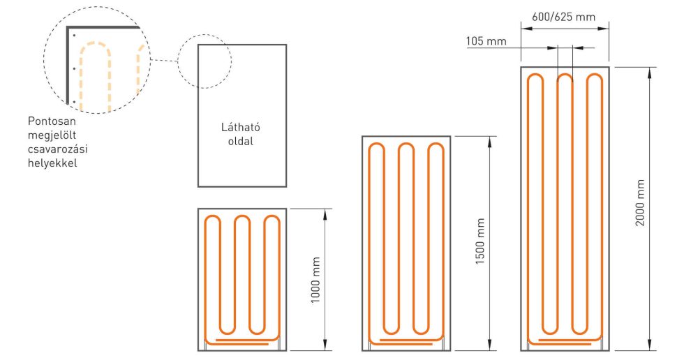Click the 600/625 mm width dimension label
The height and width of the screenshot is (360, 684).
click(x=563, y=17)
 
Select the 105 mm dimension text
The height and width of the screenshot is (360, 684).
click(x=486, y=41)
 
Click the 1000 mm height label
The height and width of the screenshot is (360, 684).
click(x=315, y=279)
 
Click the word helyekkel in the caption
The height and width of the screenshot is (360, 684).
click(x=52, y=163)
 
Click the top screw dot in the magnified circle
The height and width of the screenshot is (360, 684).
click(x=74, y=35)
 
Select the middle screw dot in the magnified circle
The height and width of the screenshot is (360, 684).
click(x=74, y=68)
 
